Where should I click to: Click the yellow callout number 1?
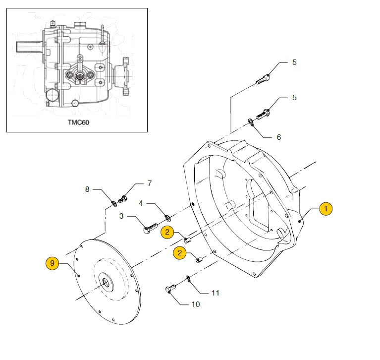(x=326, y=209)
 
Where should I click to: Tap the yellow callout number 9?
(x=52, y=263)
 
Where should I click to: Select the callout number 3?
(x=121, y=216)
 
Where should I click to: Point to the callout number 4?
(x=141, y=203)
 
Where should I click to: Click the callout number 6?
(x=279, y=137)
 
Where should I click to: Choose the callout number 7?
(x=150, y=183)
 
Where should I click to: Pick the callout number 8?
(x=87, y=189)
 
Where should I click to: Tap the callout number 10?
(x=196, y=304)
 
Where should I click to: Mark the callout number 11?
(x=216, y=293)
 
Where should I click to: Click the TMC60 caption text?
(x=78, y=122)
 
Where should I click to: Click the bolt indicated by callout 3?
(x=151, y=228)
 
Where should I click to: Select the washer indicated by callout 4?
(x=167, y=218)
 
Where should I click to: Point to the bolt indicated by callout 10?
(x=170, y=289)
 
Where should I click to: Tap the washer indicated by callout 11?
(x=188, y=279)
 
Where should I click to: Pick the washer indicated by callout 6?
(x=251, y=122)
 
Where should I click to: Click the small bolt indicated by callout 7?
(x=123, y=199)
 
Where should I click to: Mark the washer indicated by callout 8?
(x=114, y=204)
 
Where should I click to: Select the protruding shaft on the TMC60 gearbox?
(x=30, y=47)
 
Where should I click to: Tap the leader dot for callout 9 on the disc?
(x=79, y=276)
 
